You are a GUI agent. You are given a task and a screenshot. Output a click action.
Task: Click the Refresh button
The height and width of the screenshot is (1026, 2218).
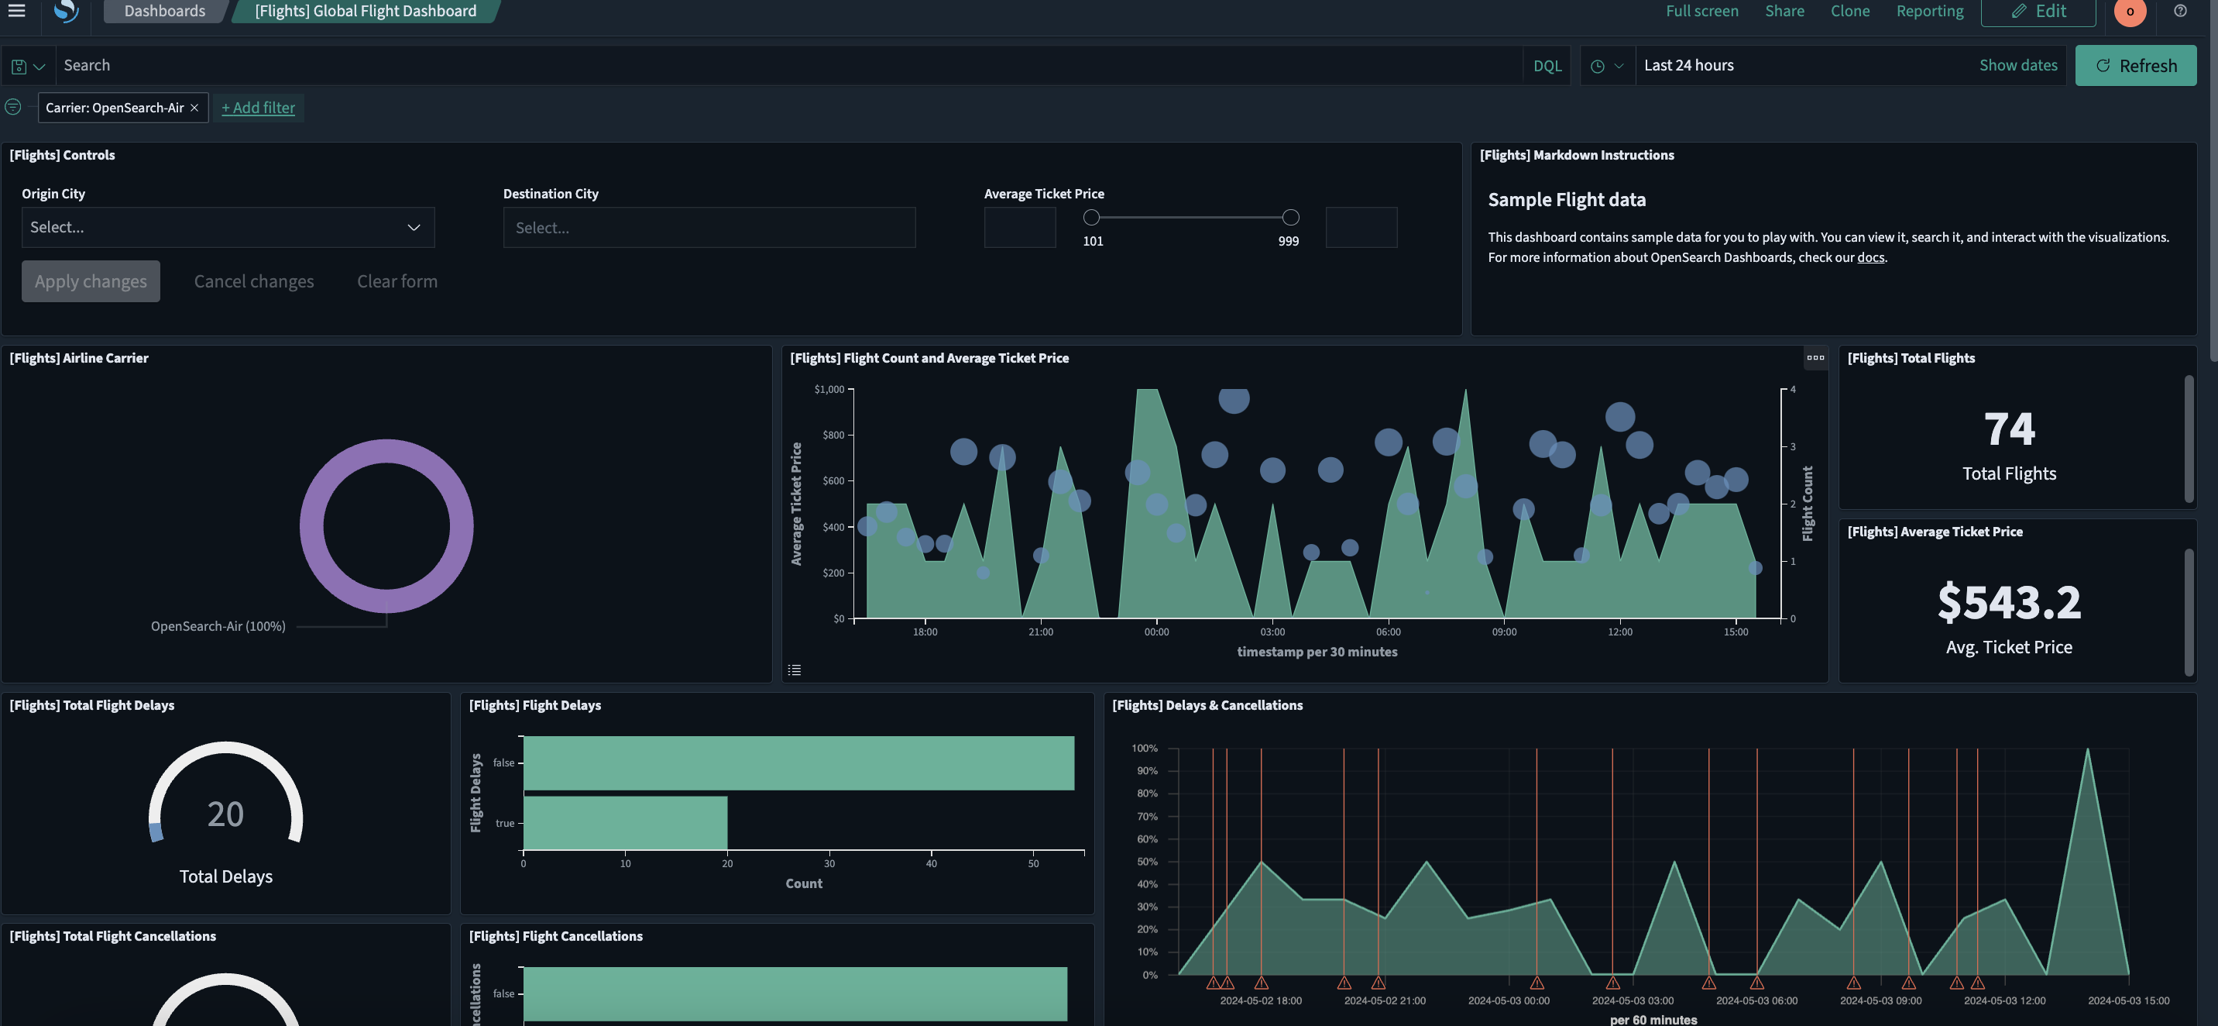click(x=2135, y=65)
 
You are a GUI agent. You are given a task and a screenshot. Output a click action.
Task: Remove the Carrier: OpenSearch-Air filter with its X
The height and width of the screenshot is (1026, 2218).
click(x=194, y=108)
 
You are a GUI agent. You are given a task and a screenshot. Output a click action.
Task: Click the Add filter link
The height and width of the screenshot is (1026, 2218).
click(x=259, y=108)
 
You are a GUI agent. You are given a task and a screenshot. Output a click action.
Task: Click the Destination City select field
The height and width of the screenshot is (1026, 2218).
click(x=709, y=227)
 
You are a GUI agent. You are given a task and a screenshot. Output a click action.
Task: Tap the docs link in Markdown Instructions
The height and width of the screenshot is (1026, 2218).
click(x=1870, y=257)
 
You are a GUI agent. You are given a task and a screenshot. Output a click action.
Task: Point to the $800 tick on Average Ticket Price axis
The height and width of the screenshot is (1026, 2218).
click(x=833, y=435)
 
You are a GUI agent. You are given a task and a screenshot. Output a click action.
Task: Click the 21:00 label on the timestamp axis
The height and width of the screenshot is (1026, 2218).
click(x=1040, y=632)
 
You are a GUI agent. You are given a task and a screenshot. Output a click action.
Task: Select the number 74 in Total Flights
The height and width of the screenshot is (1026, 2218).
click(x=2009, y=429)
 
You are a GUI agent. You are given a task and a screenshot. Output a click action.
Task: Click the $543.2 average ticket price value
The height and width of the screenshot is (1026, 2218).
click(x=2009, y=602)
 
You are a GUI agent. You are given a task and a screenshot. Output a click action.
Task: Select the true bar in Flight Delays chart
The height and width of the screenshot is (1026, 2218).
click(x=625, y=823)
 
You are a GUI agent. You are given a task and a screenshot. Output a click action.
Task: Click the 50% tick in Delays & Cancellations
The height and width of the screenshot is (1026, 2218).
click(x=1147, y=862)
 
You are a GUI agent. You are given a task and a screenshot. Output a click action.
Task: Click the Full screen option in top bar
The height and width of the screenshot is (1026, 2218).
click(x=1701, y=11)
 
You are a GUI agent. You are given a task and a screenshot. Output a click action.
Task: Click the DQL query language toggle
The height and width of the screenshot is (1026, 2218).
click(x=1547, y=65)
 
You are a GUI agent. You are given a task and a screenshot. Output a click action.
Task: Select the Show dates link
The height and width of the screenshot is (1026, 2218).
click(x=2017, y=65)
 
